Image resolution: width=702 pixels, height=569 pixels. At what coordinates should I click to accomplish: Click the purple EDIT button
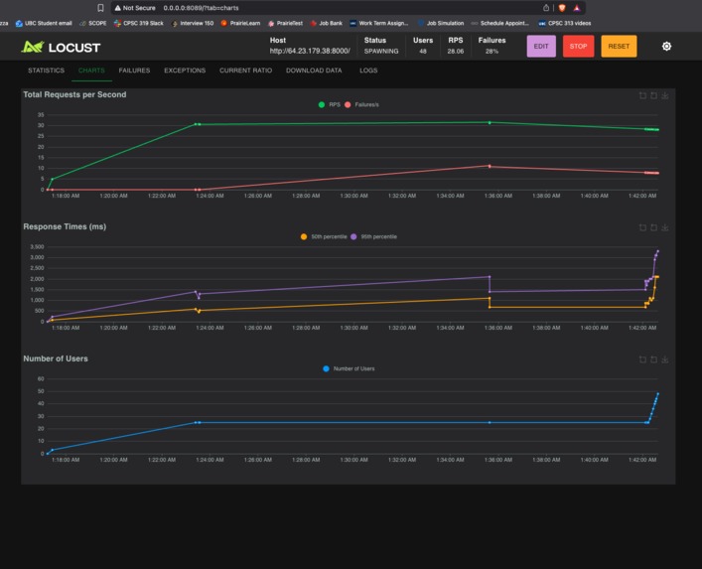[541, 47]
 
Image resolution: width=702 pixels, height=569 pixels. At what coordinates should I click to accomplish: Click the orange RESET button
[619, 47]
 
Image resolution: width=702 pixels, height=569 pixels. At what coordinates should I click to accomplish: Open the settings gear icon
[666, 47]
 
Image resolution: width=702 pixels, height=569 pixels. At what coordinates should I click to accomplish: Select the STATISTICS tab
[46, 71]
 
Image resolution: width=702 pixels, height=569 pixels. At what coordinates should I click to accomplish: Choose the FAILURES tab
[134, 71]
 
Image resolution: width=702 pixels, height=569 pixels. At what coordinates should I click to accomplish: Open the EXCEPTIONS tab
[185, 71]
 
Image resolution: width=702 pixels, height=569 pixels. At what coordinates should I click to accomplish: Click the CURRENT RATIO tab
[245, 71]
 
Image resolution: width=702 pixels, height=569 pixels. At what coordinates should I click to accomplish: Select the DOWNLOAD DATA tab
[314, 71]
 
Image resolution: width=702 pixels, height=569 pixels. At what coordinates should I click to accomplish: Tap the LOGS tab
[368, 71]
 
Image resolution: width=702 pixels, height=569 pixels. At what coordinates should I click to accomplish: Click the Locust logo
[61, 47]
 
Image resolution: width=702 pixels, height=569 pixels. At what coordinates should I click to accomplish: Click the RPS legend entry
[329, 104]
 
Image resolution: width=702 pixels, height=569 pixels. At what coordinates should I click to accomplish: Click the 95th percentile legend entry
[374, 236]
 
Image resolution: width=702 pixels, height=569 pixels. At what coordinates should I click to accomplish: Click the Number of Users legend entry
[350, 368]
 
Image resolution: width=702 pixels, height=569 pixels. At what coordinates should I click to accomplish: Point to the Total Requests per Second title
[74, 94]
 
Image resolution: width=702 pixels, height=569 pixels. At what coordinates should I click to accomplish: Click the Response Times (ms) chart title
[65, 226]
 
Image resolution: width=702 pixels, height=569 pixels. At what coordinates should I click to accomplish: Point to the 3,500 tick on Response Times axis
[37, 246]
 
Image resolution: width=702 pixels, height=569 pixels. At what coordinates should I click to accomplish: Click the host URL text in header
[310, 52]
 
